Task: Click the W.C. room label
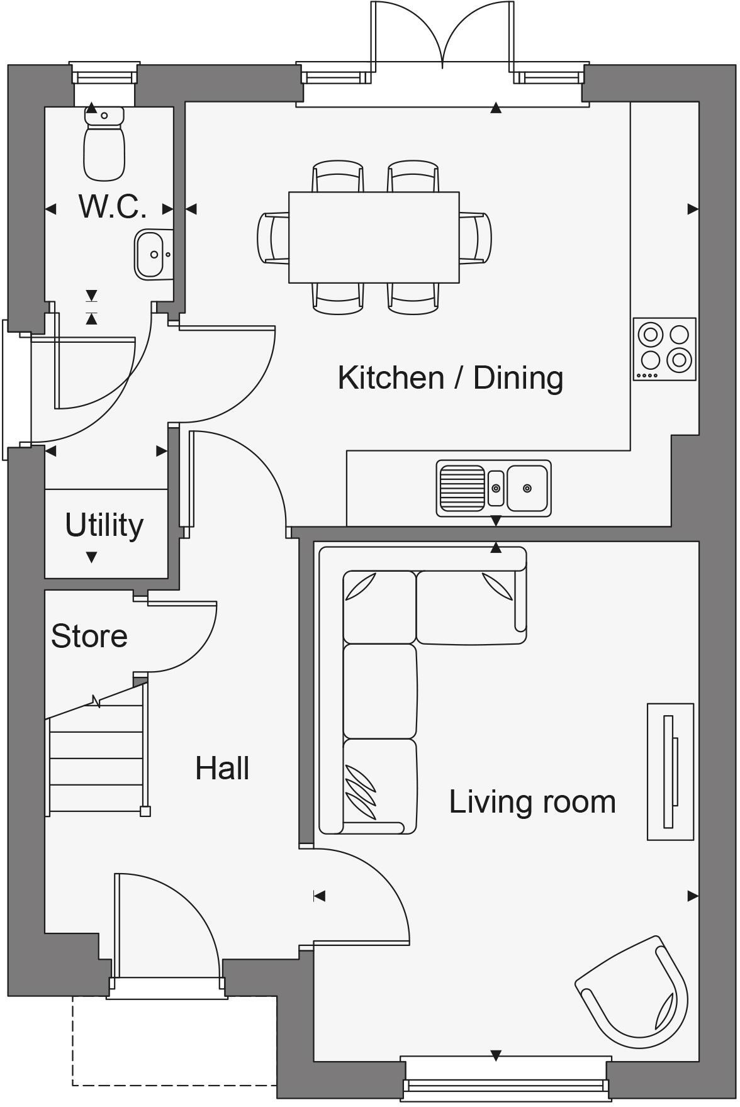(113, 206)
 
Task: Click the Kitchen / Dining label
(450, 378)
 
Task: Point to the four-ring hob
(664, 348)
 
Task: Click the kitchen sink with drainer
(493, 488)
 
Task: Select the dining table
(374, 237)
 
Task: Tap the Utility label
(104, 525)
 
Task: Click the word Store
(89, 636)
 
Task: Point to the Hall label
(222, 769)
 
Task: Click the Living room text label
(532, 802)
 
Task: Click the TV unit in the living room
(670, 771)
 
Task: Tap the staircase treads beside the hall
(96, 758)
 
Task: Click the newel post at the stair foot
(145, 811)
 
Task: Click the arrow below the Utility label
(91, 557)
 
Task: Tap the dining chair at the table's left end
(272, 238)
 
